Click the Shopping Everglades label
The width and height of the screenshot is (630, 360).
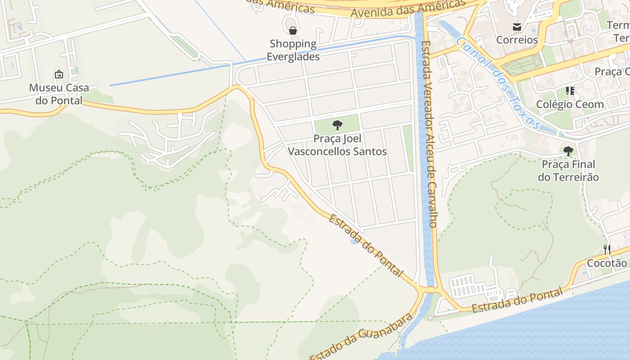293,50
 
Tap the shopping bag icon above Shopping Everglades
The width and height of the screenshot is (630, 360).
293,31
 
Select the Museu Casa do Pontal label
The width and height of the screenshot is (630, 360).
59,94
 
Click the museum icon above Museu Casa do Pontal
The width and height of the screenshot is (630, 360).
58,74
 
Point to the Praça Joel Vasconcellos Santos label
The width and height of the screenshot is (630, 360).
337,145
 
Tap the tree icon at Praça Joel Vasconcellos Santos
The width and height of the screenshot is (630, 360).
337,125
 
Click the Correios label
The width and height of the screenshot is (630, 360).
517,40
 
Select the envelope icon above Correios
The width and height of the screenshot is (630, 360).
517,27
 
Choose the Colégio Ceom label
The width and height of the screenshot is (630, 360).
570,104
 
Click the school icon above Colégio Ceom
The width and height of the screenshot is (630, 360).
570,91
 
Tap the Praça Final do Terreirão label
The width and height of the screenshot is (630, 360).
568,171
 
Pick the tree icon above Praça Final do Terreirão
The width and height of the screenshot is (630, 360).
568,151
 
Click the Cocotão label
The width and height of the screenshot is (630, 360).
607,263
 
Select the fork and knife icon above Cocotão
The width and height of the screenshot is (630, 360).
607,249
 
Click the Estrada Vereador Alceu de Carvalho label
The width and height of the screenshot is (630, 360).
428,134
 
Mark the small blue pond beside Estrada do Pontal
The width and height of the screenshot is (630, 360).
354,242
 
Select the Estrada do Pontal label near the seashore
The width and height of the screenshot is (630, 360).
517,301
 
